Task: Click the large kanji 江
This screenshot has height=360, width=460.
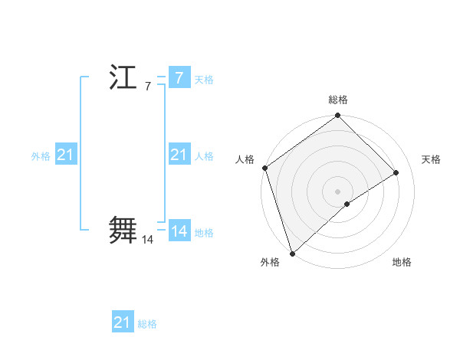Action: (x=123, y=78)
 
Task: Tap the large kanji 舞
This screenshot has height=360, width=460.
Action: (x=123, y=230)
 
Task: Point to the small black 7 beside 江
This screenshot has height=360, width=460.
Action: (x=147, y=87)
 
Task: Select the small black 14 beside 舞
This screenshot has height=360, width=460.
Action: (x=148, y=240)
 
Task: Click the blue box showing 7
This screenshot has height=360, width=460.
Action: (x=179, y=78)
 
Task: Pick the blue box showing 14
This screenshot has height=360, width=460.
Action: (x=179, y=231)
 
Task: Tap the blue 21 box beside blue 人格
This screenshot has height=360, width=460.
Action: (x=179, y=155)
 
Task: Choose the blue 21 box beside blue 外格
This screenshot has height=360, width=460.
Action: (x=65, y=155)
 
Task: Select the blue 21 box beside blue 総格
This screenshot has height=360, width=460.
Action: (x=123, y=322)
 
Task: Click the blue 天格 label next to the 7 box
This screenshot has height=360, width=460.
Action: (x=204, y=80)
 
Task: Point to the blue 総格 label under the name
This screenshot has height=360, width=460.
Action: (x=147, y=324)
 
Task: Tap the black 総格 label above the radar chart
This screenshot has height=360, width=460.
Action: (x=338, y=100)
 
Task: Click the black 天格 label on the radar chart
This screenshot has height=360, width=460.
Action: (x=432, y=159)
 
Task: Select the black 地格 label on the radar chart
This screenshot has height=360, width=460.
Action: (x=402, y=262)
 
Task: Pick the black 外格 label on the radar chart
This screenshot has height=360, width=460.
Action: (x=270, y=262)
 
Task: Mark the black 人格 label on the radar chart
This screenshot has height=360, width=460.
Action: (x=245, y=159)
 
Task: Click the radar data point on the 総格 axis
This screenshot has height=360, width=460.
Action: (x=338, y=116)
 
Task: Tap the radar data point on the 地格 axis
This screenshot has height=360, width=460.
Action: (x=347, y=204)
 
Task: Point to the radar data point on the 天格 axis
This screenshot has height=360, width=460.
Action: (x=396, y=172)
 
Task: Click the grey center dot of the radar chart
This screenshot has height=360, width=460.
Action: (x=338, y=191)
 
